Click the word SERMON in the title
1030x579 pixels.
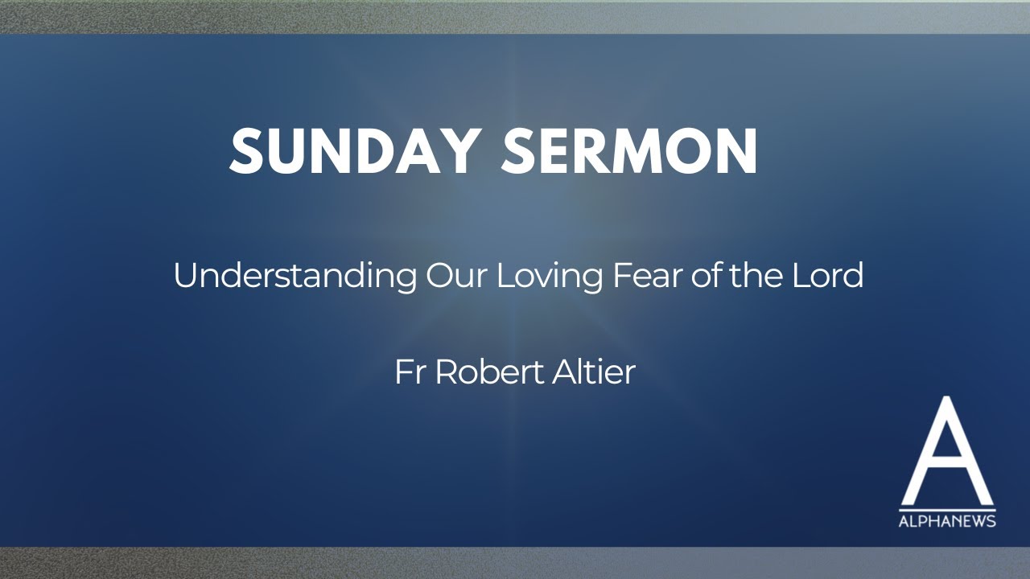(x=629, y=151)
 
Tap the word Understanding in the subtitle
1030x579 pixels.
(x=295, y=277)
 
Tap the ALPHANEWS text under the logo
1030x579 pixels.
(x=947, y=521)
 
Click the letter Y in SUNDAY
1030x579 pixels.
(x=462, y=151)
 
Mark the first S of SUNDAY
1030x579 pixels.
(x=246, y=151)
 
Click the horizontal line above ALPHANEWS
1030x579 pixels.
(x=947, y=510)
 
